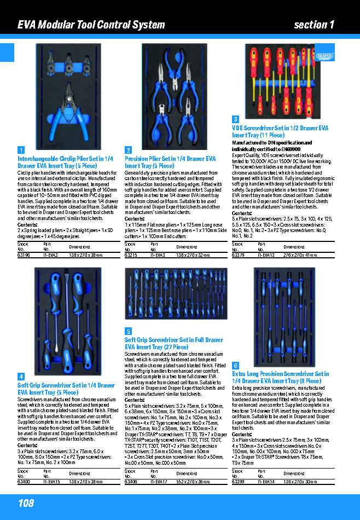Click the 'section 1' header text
(x=313, y=25)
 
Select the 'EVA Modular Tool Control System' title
(x=91, y=25)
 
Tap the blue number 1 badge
(x=21, y=150)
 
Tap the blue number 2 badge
(x=128, y=150)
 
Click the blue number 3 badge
(x=235, y=119)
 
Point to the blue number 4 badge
(x=21, y=377)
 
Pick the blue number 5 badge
(x=128, y=331)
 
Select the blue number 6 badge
(x=235, y=365)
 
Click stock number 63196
(x=24, y=255)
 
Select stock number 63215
(x=131, y=255)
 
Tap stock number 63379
(x=238, y=255)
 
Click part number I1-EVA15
(x=51, y=482)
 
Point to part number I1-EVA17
(x=159, y=482)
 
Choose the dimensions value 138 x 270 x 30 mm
(x=301, y=482)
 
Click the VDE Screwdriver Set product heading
(x=280, y=131)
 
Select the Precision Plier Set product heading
(x=170, y=162)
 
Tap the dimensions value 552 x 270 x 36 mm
(x=194, y=482)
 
